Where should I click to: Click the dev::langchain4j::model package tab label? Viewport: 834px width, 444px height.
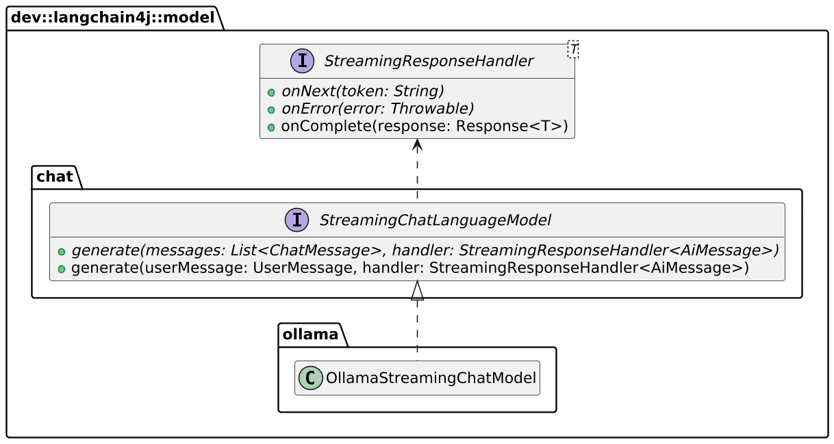(x=112, y=18)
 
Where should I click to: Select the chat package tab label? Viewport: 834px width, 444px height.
(x=55, y=177)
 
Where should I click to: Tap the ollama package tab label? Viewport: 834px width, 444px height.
(x=310, y=335)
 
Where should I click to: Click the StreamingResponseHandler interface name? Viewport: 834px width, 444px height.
(x=429, y=61)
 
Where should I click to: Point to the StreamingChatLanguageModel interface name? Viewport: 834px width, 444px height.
(x=435, y=220)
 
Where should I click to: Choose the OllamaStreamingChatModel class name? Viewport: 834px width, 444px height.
(x=431, y=378)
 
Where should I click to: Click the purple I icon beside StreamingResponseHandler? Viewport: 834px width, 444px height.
(x=303, y=61)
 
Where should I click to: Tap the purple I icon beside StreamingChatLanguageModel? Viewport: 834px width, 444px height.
(x=296, y=220)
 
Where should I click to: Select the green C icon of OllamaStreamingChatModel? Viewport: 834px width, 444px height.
(x=310, y=378)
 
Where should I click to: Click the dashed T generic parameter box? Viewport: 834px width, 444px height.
(x=573, y=49)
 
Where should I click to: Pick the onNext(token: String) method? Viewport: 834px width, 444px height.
(x=362, y=91)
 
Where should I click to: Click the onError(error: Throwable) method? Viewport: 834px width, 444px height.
(x=377, y=109)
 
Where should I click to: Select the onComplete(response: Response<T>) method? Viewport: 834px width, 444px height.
(x=425, y=126)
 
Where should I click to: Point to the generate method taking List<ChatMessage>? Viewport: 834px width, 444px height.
(x=425, y=250)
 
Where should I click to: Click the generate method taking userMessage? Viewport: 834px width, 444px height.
(x=410, y=267)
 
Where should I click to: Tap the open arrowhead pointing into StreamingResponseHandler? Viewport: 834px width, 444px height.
(x=418, y=145)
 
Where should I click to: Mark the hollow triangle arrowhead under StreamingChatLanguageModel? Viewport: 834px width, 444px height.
(x=418, y=290)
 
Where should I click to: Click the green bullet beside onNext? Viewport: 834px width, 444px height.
(x=271, y=92)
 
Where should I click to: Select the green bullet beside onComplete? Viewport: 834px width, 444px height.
(x=271, y=127)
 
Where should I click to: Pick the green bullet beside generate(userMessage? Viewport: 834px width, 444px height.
(x=62, y=270)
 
